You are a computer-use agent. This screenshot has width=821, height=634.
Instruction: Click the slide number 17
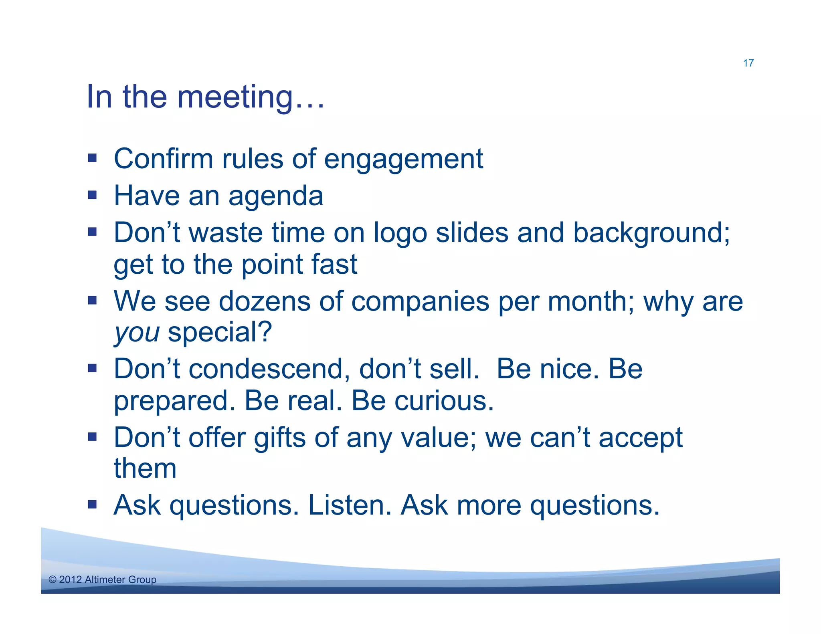(x=748, y=63)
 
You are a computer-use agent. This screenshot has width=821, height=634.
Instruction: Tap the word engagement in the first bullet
(x=403, y=159)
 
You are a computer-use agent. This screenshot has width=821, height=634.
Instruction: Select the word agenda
(x=276, y=196)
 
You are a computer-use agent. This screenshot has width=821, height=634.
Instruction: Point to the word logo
(x=400, y=233)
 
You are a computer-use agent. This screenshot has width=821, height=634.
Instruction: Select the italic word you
(x=137, y=333)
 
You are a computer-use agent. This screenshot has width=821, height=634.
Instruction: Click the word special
(x=220, y=333)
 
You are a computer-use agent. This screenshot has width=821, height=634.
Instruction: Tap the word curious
(x=444, y=401)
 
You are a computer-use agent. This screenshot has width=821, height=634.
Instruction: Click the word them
(x=145, y=468)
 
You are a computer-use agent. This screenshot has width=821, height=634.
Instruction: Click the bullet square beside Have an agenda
(x=93, y=195)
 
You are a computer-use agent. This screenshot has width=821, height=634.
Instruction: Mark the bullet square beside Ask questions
(x=93, y=504)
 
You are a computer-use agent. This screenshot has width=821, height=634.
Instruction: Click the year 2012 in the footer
(x=70, y=579)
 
